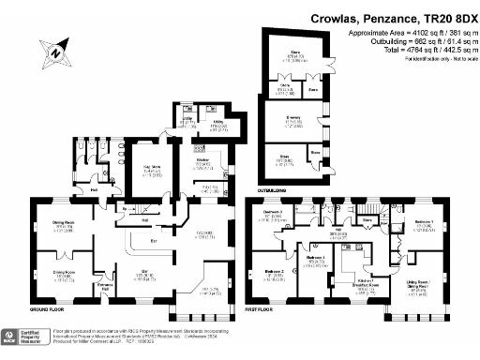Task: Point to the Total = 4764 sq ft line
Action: (405, 50)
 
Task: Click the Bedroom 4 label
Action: (315, 258)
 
